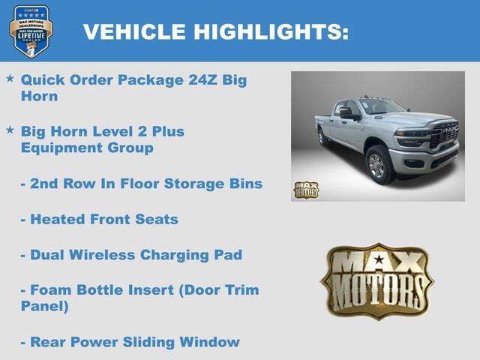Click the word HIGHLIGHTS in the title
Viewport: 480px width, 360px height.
pyautogui.click(x=271, y=32)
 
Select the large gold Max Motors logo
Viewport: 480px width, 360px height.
pyautogui.click(x=377, y=280)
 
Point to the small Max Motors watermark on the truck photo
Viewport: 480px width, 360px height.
pyautogui.click(x=305, y=190)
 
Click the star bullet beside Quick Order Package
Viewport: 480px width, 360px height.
pyautogui.click(x=10, y=78)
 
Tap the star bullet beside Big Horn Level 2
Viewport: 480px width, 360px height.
pyautogui.click(x=10, y=130)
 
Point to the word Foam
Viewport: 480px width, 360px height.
pyautogui.click(x=51, y=290)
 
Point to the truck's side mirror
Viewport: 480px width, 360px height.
pyautogui.click(x=347, y=114)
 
